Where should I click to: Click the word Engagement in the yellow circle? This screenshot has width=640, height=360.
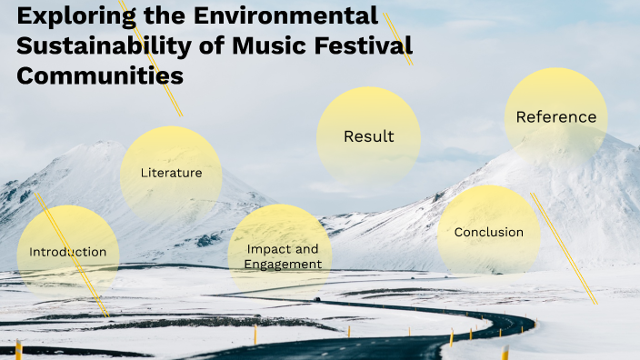283,265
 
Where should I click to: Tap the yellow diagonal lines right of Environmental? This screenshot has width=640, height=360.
398,39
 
